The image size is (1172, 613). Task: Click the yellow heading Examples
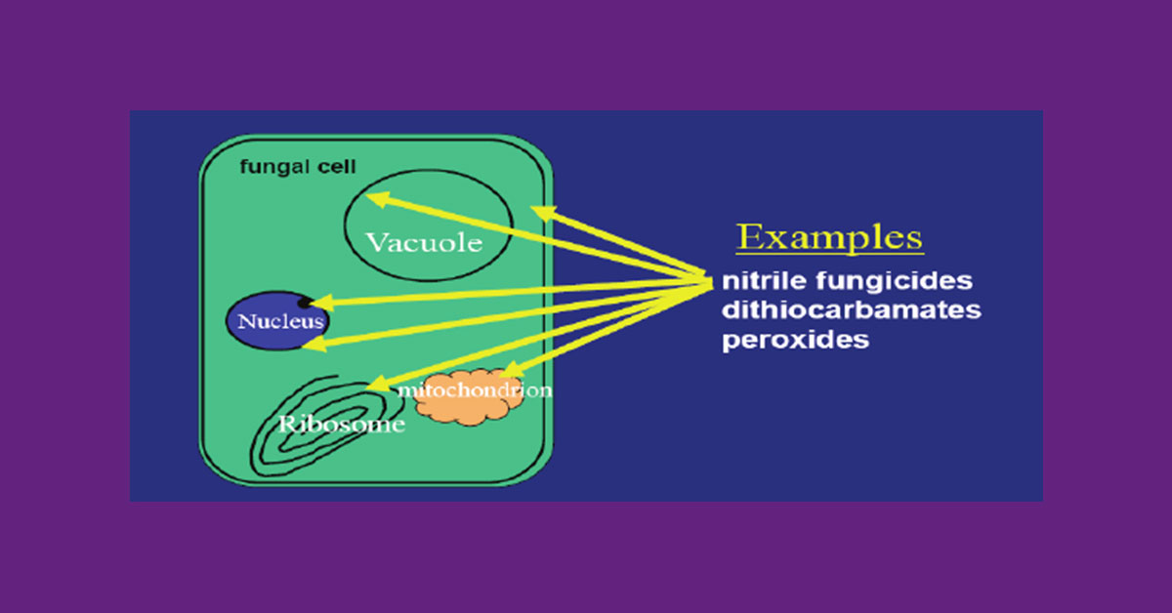(829, 238)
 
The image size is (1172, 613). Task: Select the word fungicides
(895, 281)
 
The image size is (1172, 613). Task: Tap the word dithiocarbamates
(852, 309)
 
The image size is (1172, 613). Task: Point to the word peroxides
(795, 340)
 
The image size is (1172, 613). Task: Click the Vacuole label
(424, 243)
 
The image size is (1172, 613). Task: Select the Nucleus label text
(281, 321)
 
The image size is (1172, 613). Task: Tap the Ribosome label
(342, 424)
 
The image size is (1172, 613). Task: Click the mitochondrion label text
(475, 390)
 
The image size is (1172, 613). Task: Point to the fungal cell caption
(298, 167)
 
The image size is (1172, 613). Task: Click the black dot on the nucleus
(305, 303)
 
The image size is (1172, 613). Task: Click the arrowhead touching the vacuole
(378, 199)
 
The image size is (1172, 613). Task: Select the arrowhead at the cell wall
(543, 213)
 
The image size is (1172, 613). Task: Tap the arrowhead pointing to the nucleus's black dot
(321, 303)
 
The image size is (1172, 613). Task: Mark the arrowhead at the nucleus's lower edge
(314, 344)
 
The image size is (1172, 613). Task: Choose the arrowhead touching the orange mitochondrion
(513, 370)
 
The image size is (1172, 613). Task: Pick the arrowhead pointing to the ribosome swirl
(379, 384)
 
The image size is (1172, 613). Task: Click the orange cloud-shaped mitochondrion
(468, 397)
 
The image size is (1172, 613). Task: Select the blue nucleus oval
(277, 320)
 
